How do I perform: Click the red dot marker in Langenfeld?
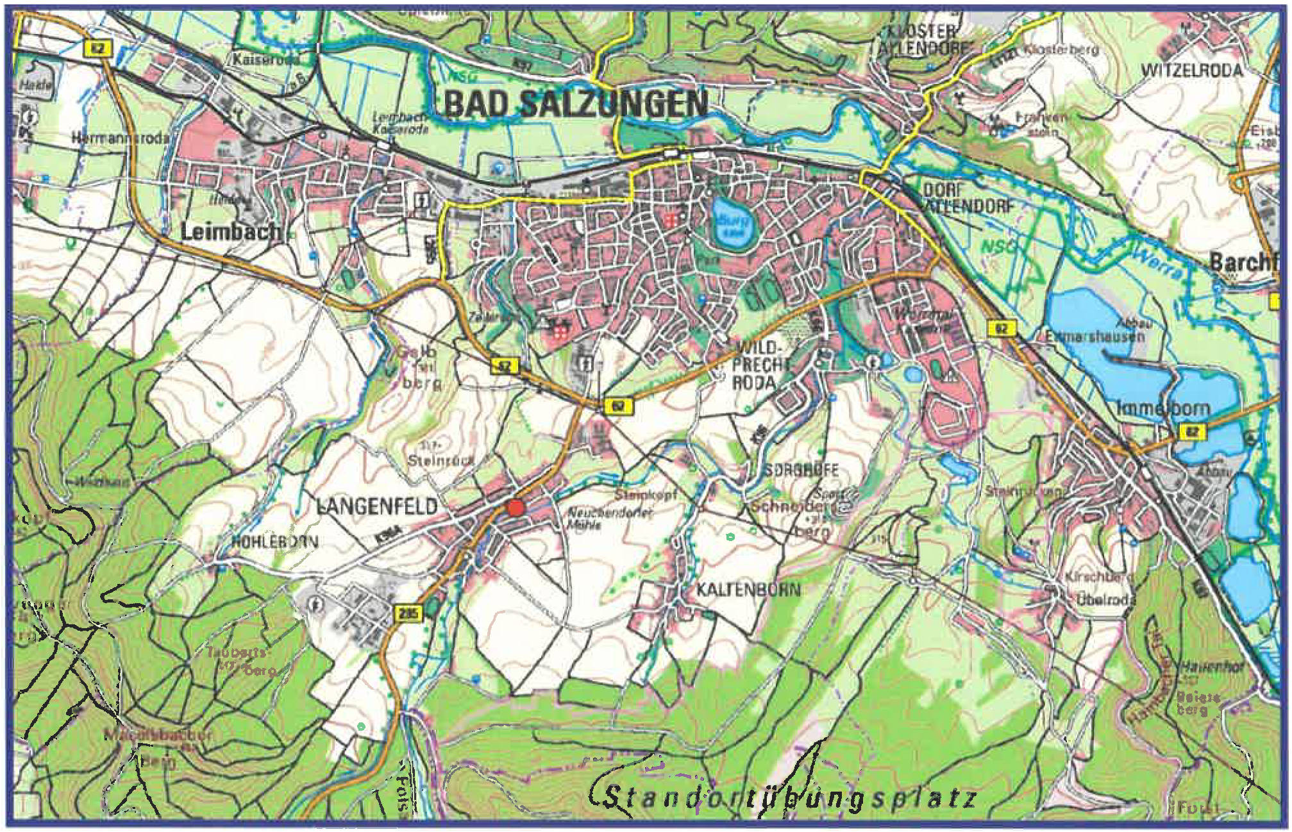coord(516,508)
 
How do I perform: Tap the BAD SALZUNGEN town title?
coord(576,104)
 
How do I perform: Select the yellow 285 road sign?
coord(408,613)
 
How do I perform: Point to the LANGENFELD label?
coord(377,507)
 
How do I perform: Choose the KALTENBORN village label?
coord(748,589)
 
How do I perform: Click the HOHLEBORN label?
coord(274,542)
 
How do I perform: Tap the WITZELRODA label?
coord(1191,71)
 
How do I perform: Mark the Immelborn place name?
coord(1163,408)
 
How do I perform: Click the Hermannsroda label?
coord(120,138)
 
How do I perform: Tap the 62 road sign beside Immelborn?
coord(1191,431)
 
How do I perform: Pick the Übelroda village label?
coord(1105,600)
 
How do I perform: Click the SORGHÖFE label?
coord(800,470)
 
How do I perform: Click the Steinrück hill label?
coord(441,460)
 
